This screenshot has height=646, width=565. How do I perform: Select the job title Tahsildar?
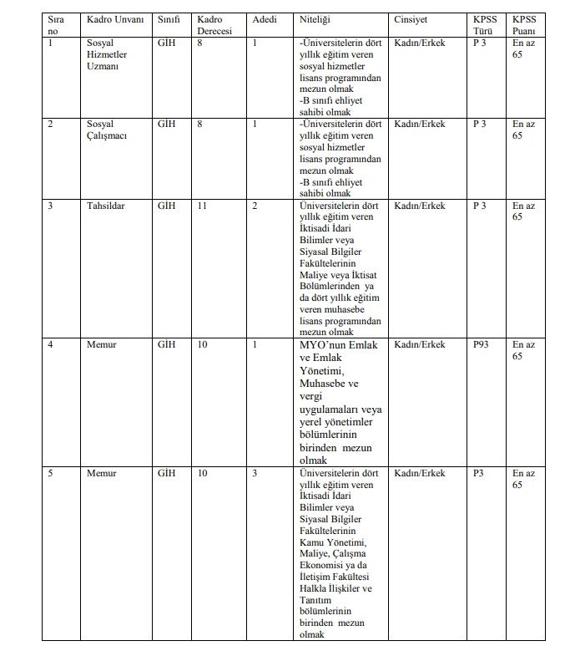[105, 206]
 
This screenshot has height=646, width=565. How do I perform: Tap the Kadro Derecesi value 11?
[202, 206]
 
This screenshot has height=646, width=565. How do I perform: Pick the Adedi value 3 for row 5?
[255, 473]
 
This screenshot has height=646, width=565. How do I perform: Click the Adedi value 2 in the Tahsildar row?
[255, 206]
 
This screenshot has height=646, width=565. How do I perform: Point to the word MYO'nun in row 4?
[320, 345]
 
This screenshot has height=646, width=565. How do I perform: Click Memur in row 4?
[102, 344]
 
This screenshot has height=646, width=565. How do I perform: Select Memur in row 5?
[102, 473]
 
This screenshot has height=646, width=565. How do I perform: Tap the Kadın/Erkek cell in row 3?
[420, 206]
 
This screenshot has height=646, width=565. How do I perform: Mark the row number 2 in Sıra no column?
[51, 124]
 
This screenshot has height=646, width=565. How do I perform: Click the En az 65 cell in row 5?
[523, 479]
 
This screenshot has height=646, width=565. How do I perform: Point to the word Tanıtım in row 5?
[315, 600]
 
